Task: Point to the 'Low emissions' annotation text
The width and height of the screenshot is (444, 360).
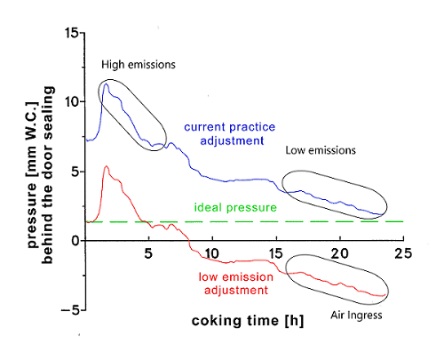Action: coord(321,151)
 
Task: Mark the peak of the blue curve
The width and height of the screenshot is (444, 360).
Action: coord(107,84)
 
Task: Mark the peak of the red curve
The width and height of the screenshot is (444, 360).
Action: coord(107,166)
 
